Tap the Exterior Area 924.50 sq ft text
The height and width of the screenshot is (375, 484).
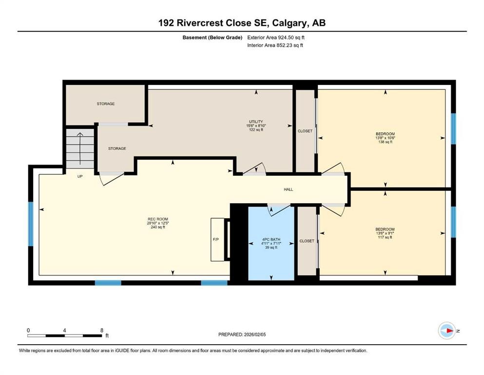[x=278, y=37]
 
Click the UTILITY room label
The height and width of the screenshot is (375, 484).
[x=256, y=122]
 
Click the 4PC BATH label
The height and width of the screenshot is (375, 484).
[x=271, y=239]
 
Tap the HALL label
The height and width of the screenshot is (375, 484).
[x=289, y=189]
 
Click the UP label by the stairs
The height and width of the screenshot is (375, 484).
[x=80, y=176]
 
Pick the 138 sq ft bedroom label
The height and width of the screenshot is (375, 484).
[x=385, y=137]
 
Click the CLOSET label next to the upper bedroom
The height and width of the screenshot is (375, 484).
[x=305, y=131]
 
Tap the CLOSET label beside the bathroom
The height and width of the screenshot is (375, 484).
[x=307, y=241]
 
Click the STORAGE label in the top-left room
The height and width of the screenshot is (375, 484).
[x=105, y=104]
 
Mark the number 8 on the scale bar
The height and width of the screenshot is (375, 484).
[x=101, y=330]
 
